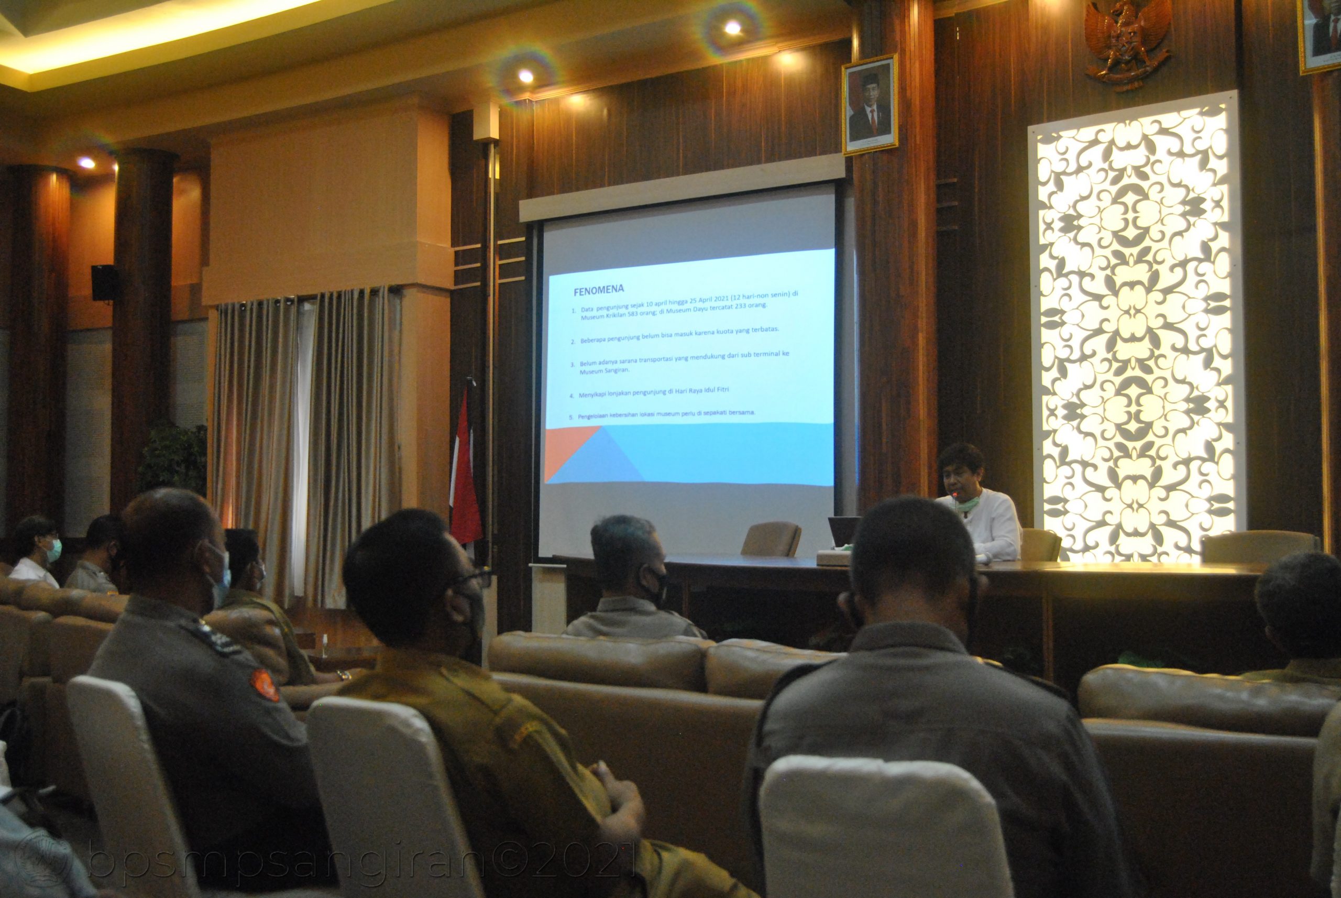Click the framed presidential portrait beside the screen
pyautogui.click(x=869, y=105)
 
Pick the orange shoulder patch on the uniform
pyautogui.click(x=265, y=685)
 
